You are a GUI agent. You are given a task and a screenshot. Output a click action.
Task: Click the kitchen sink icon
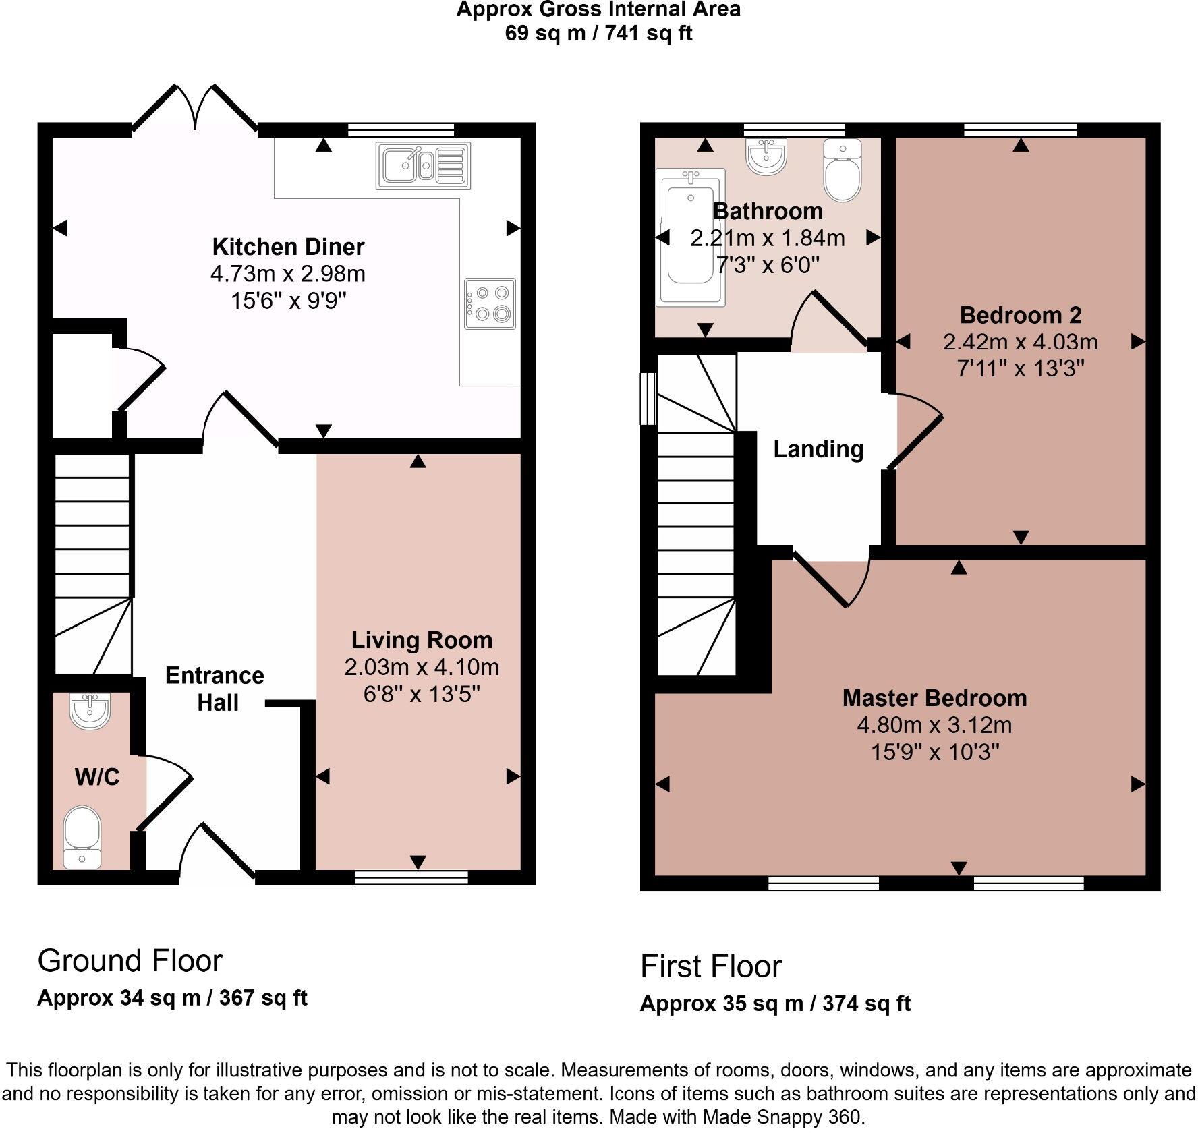click(x=422, y=165)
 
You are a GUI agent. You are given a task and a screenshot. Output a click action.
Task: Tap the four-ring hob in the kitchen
click(x=490, y=303)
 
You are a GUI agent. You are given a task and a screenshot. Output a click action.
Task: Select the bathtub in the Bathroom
click(x=690, y=236)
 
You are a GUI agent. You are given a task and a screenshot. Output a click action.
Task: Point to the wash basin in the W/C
click(x=90, y=712)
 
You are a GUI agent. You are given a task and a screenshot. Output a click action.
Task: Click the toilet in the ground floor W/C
click(x=82, y=836)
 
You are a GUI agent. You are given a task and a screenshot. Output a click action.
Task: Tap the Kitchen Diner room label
click(x=288, y=247)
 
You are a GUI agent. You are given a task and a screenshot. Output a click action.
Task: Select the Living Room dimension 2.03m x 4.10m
click(x=422, y=667)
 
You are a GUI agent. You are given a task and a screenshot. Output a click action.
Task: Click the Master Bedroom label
click(x=934, y=698)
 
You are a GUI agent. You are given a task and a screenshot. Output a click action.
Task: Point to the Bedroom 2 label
click(x=1020, y=315)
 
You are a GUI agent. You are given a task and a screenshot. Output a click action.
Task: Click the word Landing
click(x=818, y=449)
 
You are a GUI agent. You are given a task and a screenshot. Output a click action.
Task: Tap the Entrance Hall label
click(x=215, y=689)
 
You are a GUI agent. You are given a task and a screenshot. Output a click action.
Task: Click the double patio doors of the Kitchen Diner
click(x=196, y=108)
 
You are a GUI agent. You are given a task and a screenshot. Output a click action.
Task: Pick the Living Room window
click(x=411, y=877)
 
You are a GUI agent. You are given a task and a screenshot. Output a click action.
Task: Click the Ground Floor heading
click(x=130, y=961)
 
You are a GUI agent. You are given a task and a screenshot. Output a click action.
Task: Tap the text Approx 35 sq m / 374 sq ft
click(x=775, y=1004)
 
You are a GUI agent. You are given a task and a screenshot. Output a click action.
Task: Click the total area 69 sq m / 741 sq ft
click(x=598, y=33)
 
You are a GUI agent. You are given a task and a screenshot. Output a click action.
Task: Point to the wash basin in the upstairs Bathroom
click(x=767, y=156)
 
